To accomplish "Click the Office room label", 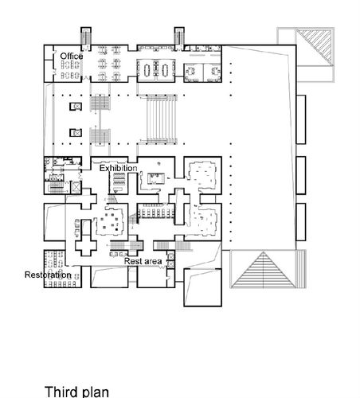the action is coord(72,57).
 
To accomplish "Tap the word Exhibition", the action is coord(118,168).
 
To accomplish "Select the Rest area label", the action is coord(143,261).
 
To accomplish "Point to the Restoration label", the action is coord(48,275).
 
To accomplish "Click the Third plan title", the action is coord(76,392).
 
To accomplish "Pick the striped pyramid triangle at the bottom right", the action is coord(264,270).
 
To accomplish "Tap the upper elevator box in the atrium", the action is coord(76,107).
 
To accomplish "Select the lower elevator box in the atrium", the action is coord(76,132).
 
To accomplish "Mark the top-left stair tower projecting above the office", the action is coord(86,39).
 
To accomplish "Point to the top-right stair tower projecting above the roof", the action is coord(179,39).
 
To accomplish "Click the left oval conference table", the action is coord(147,69).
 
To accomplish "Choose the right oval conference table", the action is coord(165,69).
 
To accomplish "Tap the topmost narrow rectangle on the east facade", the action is coord(301,119).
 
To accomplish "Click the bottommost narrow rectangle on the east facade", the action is coord(301,222).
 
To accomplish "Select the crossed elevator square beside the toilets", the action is coord(76,187).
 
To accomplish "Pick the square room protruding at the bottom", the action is coord(202,287).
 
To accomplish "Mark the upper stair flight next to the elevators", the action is coord(100,103).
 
